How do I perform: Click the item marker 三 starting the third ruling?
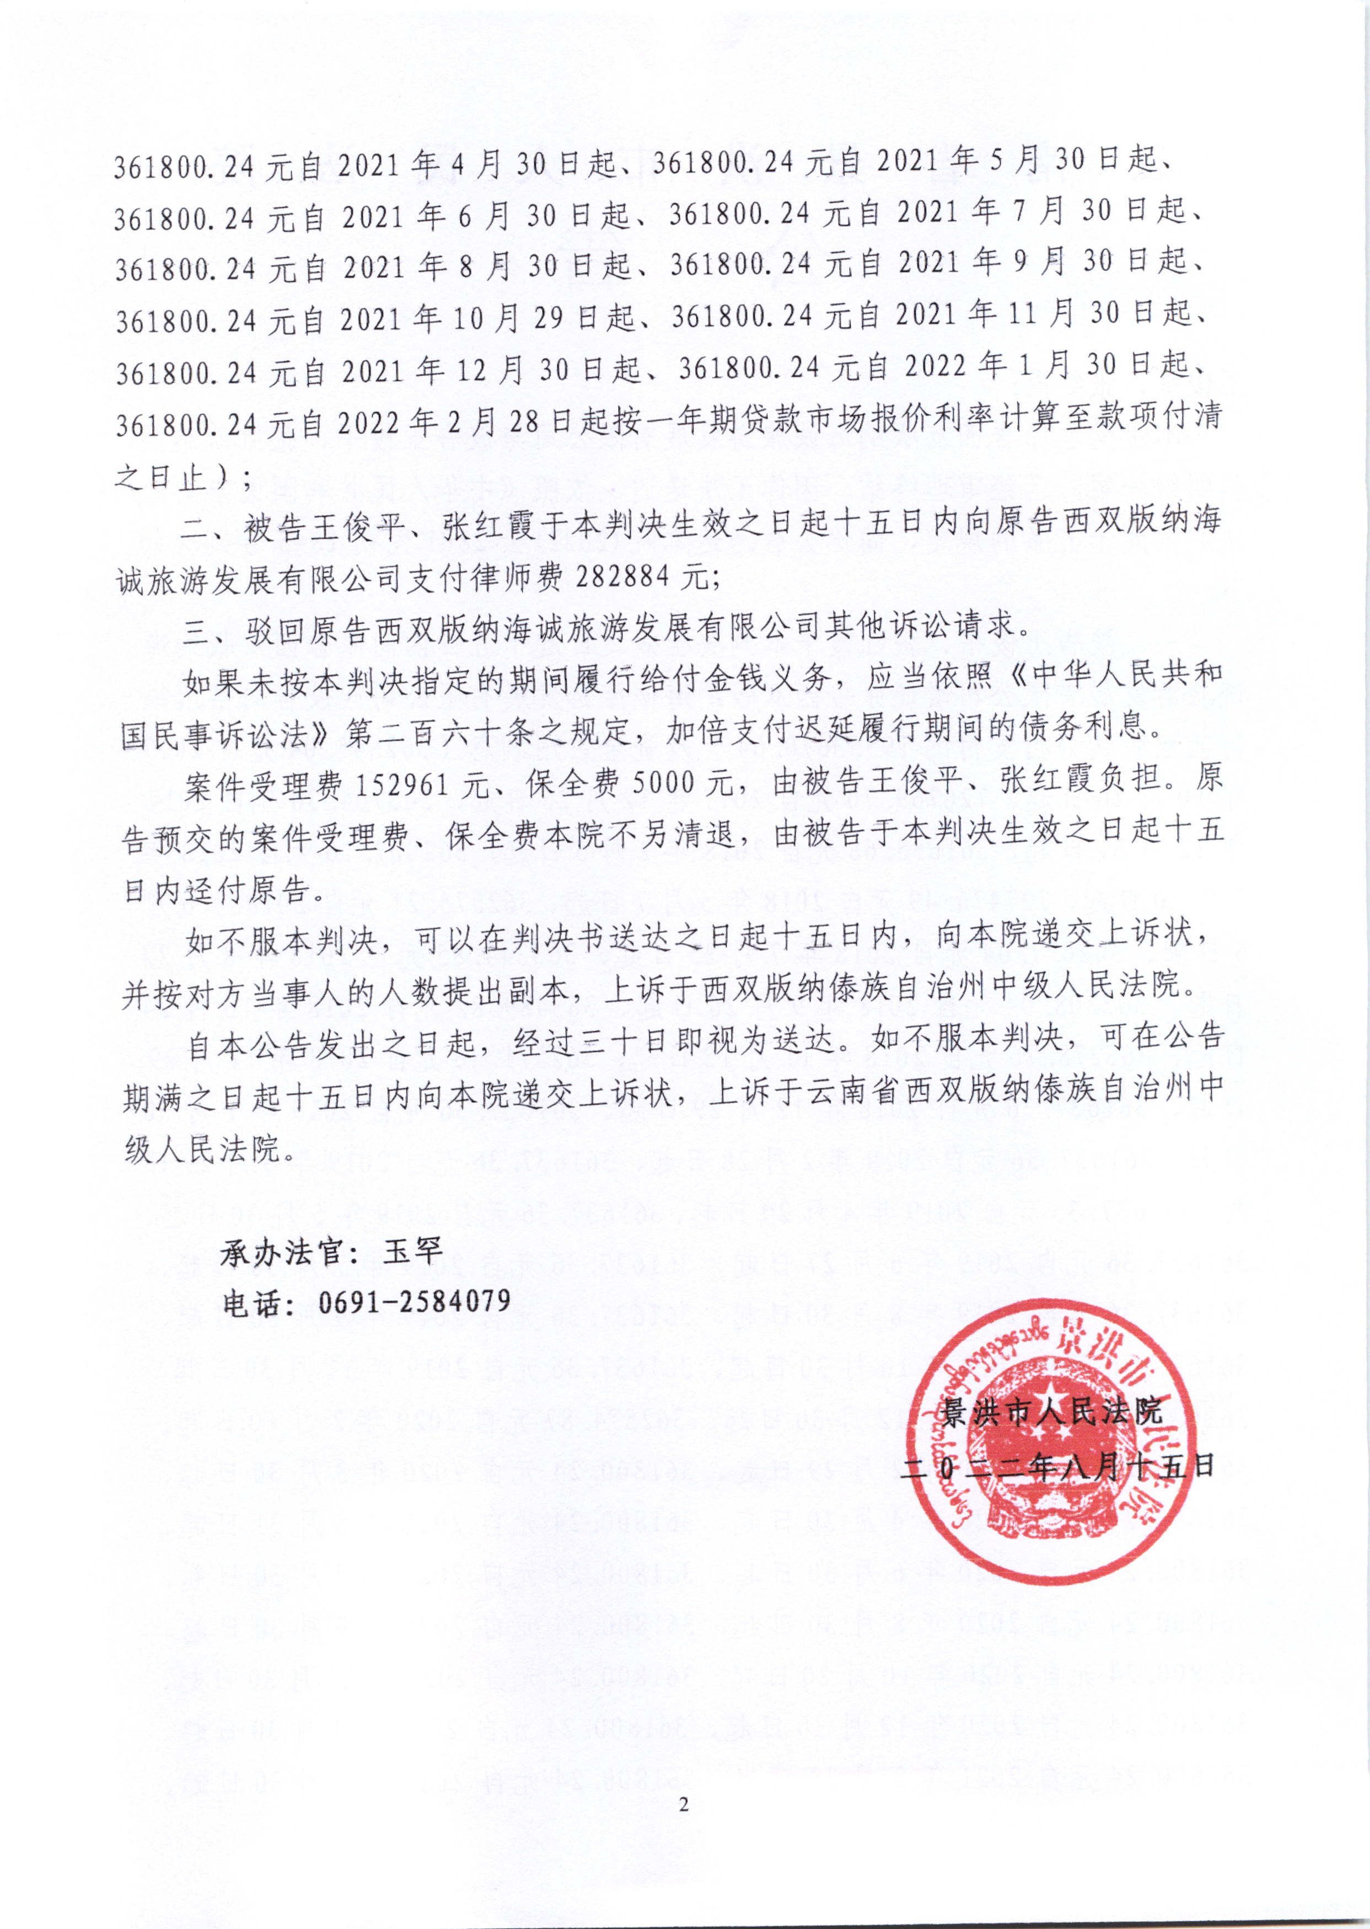[196, 629]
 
